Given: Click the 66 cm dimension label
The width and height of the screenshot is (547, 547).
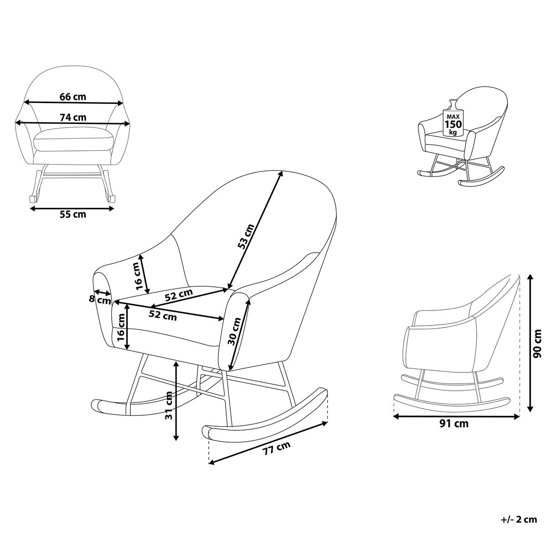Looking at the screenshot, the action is (x=72, y=97).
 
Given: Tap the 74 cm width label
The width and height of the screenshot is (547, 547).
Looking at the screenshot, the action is (x=73, y=117).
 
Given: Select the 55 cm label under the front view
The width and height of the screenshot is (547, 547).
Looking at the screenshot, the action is (x=72, y=214).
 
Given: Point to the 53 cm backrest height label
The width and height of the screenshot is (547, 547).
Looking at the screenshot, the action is (x=246, y=237).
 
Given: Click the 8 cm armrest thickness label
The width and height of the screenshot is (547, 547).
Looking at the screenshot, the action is (x=100, y=300).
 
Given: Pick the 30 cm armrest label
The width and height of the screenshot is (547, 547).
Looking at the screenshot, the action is (x=234, y=331).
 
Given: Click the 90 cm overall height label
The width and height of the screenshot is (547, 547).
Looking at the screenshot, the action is (x=537, y=344).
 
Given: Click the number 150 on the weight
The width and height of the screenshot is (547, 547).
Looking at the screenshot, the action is (x=453, y=124).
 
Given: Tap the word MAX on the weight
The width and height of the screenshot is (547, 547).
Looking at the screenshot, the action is (x=453, y=116).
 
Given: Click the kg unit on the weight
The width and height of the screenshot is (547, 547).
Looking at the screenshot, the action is (x=453, y=132).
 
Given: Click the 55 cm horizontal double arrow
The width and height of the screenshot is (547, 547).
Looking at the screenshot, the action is (x=72, y=209).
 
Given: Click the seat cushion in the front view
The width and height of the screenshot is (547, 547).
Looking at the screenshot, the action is (x=74, y=139).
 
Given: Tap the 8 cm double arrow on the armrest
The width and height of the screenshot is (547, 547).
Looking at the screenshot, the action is (x=103, y=292).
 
